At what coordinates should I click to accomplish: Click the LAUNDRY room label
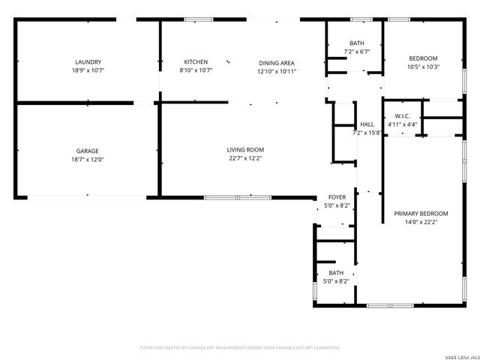tap(88, 62)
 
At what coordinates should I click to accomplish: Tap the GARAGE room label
tap(88, 151)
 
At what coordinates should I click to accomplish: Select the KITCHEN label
tap(196, 62)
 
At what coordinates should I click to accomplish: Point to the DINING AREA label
tap(277, 62)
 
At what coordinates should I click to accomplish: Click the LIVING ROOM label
tap(245, 150)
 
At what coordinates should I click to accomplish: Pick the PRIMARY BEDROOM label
tap(421, 213)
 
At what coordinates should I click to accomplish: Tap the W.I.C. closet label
tap(402, 115)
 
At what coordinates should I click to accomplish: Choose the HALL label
tap(367, 124)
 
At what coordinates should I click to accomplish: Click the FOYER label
tap(337, 197)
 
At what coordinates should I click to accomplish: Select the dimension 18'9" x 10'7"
tap(88, 70)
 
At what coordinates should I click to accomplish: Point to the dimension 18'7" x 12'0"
tap(88, 159)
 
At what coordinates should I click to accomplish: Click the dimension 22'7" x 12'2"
tap(245, 158)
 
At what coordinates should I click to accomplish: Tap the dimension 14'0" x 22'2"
tap(421, 222)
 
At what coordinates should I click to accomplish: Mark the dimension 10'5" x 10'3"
tap(423, 67)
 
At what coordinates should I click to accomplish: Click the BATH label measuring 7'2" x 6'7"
tap(357, 43)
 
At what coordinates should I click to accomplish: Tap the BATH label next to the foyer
tap(336, 273)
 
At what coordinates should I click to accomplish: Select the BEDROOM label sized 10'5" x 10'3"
tap(423, 58)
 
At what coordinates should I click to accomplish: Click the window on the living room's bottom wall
tap(238, 197)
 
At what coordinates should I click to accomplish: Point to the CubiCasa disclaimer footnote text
tap(240, 348)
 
